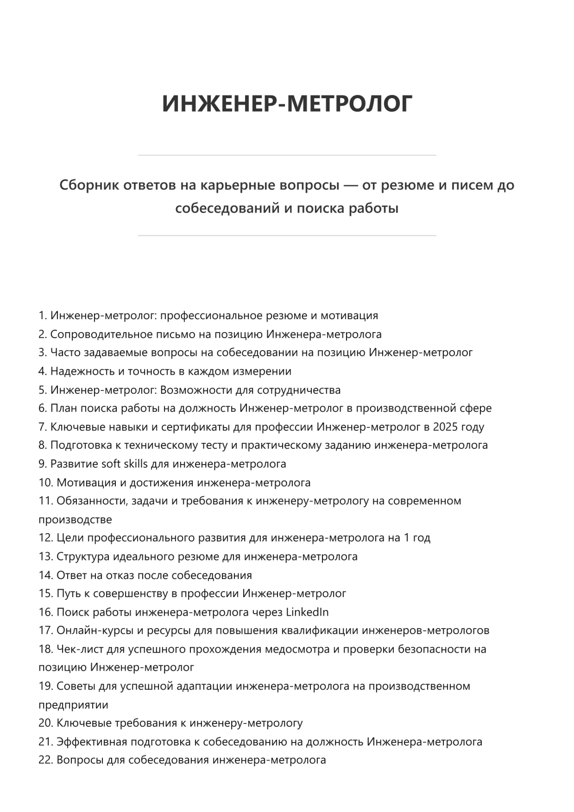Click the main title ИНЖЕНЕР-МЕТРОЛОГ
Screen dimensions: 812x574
pos(287,103)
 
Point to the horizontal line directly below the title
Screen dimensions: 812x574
pos(287,155)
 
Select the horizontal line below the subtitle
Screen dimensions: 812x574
pos(287,236)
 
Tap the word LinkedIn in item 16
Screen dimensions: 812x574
pos(307,612)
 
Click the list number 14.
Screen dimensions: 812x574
pos(45,575)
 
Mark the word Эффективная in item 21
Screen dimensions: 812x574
pos(92,742)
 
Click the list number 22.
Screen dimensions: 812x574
pos(45,760)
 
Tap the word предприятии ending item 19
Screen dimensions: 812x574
pos(73,705)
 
